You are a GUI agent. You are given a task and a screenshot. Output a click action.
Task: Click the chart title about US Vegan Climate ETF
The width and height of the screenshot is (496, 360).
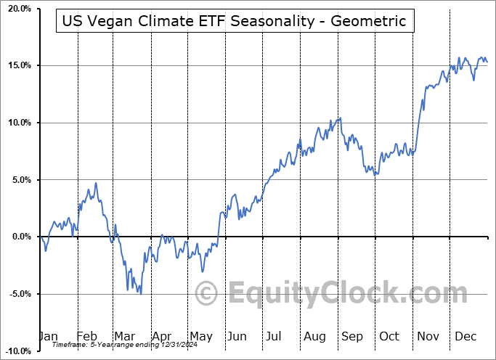234,21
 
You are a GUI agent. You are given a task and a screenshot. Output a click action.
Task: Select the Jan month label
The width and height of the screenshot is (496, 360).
48,336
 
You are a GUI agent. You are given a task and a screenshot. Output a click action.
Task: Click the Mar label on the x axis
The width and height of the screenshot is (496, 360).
125,336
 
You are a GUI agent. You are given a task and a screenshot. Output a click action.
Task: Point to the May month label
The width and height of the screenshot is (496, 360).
200,336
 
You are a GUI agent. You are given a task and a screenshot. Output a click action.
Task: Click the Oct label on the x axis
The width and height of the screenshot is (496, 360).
389,336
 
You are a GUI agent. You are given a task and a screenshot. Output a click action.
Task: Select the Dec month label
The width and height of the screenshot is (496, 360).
466,336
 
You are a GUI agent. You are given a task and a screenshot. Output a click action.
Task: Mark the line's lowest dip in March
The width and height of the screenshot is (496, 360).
140,294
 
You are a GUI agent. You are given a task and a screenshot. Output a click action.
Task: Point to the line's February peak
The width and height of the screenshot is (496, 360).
95,183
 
